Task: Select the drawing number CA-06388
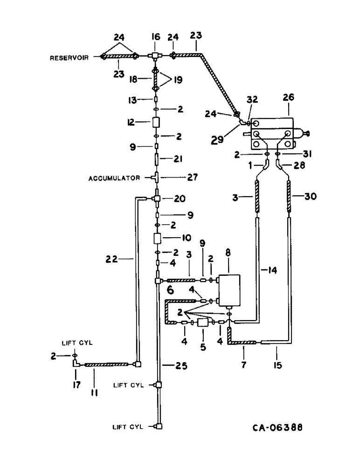point(275,428)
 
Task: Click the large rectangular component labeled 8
point(228,290)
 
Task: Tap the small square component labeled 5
point(203,322)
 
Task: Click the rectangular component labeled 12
point(157,123)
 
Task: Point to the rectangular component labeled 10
point(157,238)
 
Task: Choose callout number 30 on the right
point(309,197)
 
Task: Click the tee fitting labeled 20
point(157,199)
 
